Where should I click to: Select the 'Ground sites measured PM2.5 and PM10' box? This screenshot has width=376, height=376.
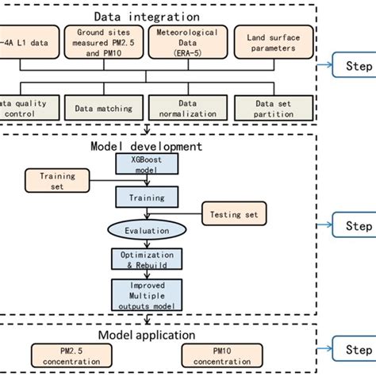click(101, 43)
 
